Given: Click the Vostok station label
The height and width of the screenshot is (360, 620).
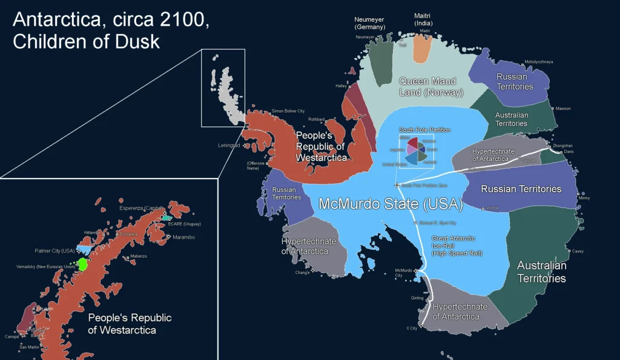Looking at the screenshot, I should click(x=492, y=208).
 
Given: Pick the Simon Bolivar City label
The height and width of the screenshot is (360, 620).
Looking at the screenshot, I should click(x=288, y=111).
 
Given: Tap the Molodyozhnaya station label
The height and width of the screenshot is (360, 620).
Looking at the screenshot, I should click(x=538, y=62).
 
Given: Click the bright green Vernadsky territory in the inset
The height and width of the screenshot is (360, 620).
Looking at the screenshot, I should click(x=82, y=264).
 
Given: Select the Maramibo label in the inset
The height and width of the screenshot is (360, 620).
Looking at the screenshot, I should click(x=183, y=237).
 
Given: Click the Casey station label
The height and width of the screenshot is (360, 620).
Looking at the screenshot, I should click(x=578, y=251).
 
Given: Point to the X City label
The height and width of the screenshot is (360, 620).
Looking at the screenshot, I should click(x=412, y=329).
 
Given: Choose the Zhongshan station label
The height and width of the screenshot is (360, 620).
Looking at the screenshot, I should click(x=561, y=146).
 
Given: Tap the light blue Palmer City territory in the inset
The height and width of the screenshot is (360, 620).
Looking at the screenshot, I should click(x=84, y=249).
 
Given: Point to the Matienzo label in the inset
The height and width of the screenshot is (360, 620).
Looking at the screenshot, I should click(x=138, y=257).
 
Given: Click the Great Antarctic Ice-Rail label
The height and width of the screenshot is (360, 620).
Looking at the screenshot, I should click(x=457, y=246).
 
